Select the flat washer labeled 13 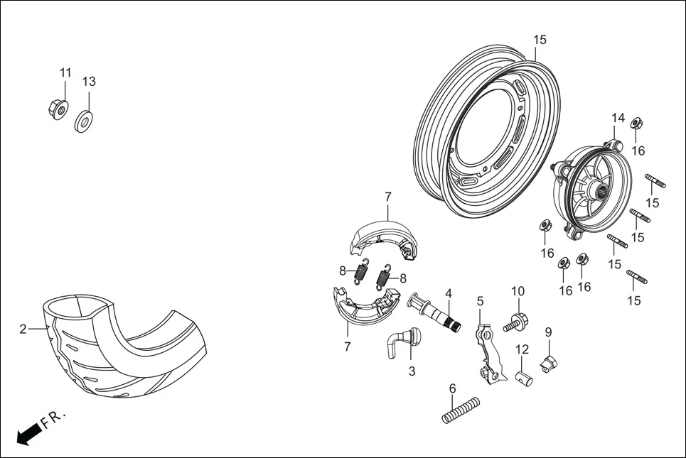pyautogui.click(x=85, y=120)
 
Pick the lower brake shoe pyautogui.click(x=366, y=305)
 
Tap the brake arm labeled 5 pyautogui.click(x=488, y=353)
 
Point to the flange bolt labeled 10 pyautogui.click(x=515, y=322)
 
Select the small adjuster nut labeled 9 pyautogui.click(x=550, y=364)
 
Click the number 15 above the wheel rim pyautogui.click(x=540, y=40)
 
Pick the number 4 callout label pyautogui.click(x=449, y=293)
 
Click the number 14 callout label pyautogui.click(x=618, y=117)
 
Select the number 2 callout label pyautogui.click(x=23, y=329)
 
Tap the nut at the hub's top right pyautogui.click(x=637, y=124)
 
